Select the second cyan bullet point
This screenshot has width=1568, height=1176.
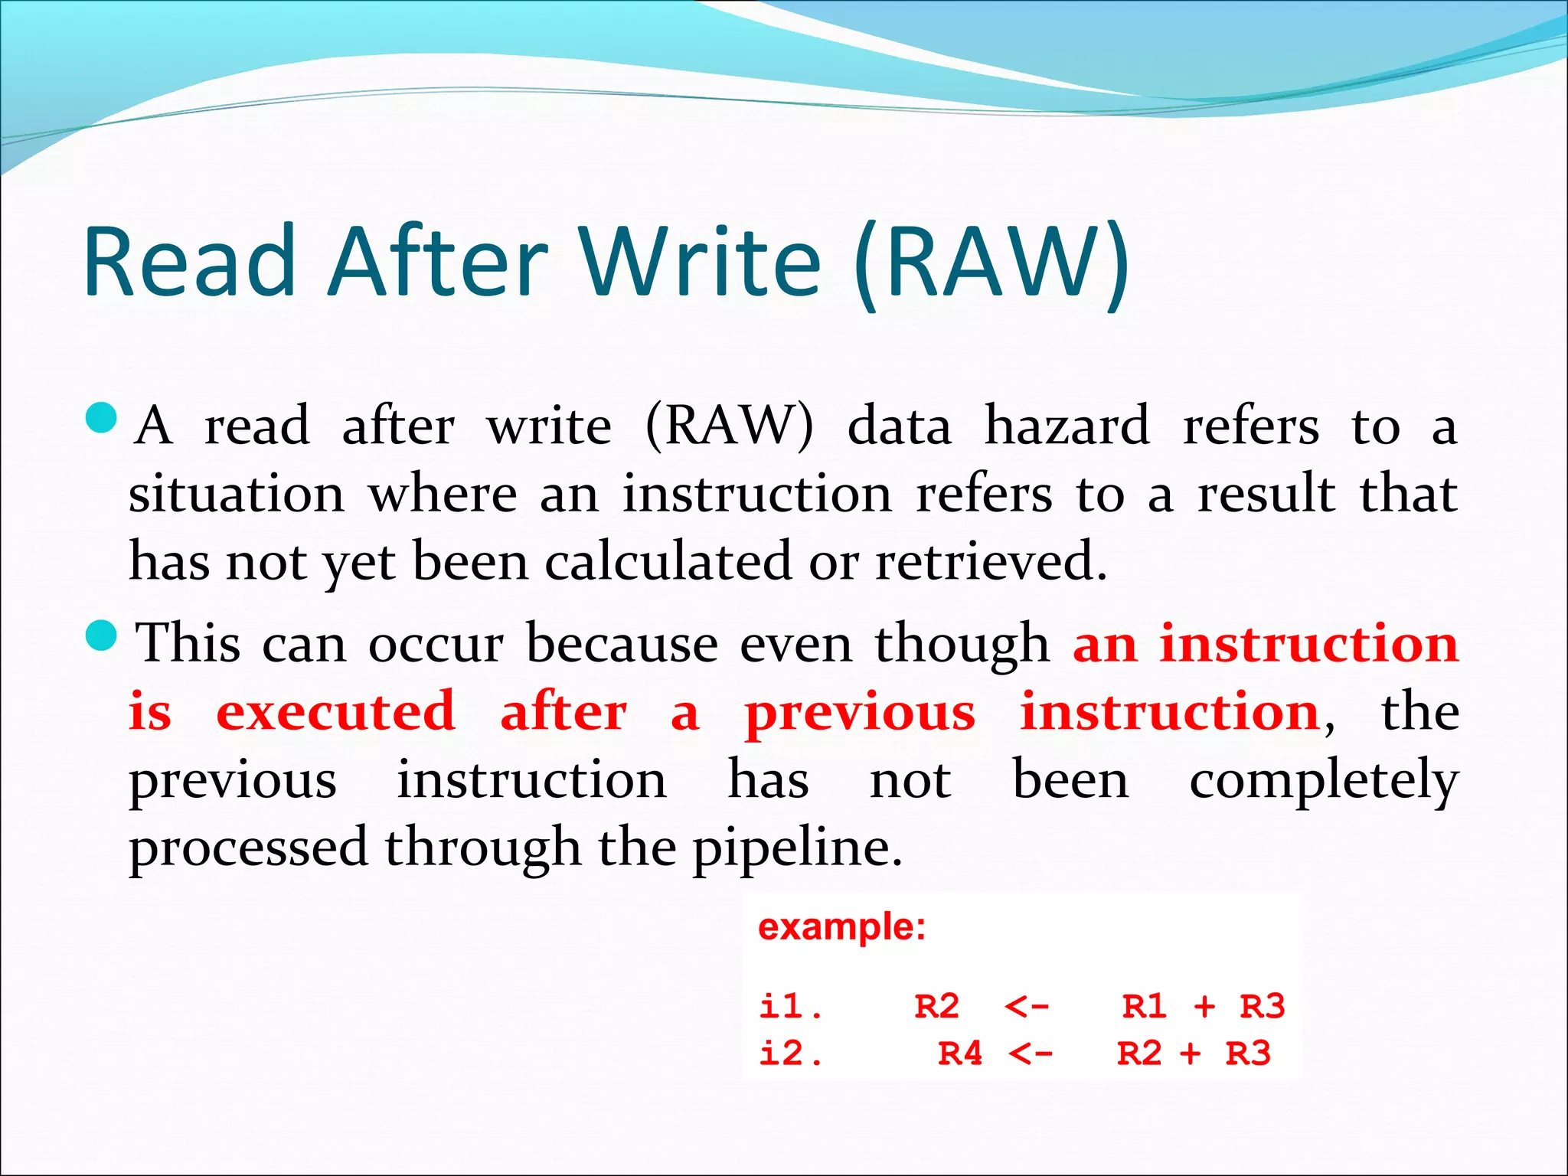(x=101, y=635)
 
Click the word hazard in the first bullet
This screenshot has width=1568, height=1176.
(x=1067, y=426)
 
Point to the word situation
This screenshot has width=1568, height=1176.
(x=237, y=494)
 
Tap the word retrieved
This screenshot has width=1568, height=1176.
(x=991, y=561)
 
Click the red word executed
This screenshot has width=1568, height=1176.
(x=336, y=711)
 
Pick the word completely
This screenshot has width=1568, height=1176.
(x=1324, y=780)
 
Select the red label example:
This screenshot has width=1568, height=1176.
(x=841, y=927)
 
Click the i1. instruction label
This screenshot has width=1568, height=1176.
(x=790, y=1006)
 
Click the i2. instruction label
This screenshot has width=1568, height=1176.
(x=790, y=1054)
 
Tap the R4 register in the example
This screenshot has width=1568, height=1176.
(x=960, y=1054)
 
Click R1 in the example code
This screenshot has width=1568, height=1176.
(x=1145, y=1006)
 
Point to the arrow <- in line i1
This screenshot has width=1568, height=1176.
(x=1027, y=1006)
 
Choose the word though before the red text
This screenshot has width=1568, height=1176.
(x=962, y=644)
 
